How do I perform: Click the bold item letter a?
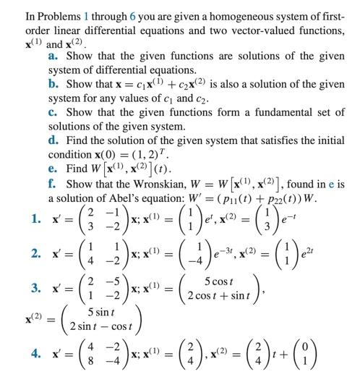point(53,55)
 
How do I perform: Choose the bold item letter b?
point(53,84)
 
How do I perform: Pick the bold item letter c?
point(53,112)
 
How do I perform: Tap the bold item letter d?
point(53,141)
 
